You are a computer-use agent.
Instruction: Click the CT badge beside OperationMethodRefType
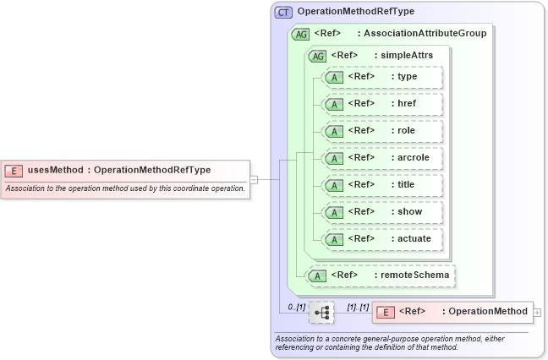click(x=283, y=13)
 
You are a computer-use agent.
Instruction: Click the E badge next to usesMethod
click(x=14, y=170)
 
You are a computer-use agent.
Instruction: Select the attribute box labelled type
click(x=384, y=77)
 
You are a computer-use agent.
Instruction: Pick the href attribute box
click(x=384, y=104)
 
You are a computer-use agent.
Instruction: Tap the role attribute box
click(x=384, y=131)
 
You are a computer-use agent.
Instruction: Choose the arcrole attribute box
click(x=384, y=158)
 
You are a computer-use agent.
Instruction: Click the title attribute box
click(x=384, y=185)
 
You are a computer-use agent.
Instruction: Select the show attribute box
click(x=384, y=212)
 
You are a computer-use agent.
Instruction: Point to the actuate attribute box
click(x=384, y=239)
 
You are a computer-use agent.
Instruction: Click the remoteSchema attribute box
click(x=381, y=275)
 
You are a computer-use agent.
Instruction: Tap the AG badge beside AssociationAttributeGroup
click(x=300, y=35)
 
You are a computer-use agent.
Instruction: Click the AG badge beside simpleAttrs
click(x=318, y=56)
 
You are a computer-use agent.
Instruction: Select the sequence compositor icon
click(x=321, y=313)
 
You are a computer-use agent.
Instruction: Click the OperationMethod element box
click(x=453, y=312)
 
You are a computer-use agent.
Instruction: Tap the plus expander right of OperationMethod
click(x=538, y=313)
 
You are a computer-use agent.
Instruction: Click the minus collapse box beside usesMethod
click(x=254, y=179)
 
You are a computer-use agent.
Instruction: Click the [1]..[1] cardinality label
click(x=359, y=305)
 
